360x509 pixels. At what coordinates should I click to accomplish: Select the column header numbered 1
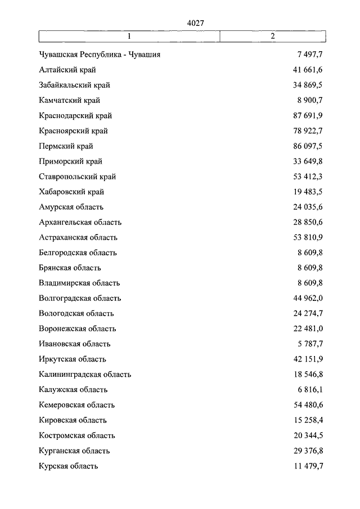(x=129, y=37)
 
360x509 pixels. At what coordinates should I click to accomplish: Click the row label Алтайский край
(x=67, y=70)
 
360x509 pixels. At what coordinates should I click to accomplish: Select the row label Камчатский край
(x=70, y=101)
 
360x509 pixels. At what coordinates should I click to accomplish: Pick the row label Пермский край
(x=66, y=146)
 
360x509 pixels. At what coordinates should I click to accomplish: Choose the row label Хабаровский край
(x=72, y=192)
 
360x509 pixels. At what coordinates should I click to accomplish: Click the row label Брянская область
(x=70, y=268)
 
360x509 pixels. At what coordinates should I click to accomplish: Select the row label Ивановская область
(x=75, y=344)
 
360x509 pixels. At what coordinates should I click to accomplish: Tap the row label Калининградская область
(x=85, y=374)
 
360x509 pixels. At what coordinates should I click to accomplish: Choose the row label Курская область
(x=69, y=466)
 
